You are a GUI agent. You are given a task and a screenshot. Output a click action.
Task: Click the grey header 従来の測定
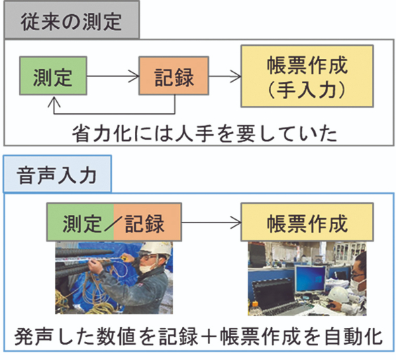click(x=71, y=20)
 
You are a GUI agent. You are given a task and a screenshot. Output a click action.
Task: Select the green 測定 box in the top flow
click(x=53, y=76)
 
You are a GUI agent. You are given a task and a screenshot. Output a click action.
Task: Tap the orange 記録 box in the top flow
click(x=174, y=76)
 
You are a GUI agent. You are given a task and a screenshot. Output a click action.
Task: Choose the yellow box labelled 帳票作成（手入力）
click(x=307, y=76)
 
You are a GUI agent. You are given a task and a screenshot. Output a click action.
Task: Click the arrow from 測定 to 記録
click(x=113, y=76)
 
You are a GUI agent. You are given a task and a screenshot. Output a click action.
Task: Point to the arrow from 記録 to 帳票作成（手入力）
click(x=225, y=76)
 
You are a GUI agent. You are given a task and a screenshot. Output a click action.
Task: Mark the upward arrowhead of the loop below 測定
click(x=54, y=101)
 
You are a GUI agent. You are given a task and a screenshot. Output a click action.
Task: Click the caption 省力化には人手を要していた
click(x=205, y=133)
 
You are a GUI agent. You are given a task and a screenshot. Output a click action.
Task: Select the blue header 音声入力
click(x=57, y=174)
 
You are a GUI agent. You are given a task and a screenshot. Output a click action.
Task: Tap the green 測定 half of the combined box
click(x=81, y=222)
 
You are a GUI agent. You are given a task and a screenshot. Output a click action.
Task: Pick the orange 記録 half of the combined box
click(x=148, y=222)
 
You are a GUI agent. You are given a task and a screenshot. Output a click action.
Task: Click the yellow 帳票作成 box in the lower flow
click(x=307, y=222)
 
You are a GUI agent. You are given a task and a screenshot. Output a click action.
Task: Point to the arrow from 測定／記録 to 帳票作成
click(x=211, y=223)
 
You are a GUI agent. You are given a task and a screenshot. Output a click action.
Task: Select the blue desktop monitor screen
click(x=310, y=279)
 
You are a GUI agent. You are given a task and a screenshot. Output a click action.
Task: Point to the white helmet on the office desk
click(x=339, y=294)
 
